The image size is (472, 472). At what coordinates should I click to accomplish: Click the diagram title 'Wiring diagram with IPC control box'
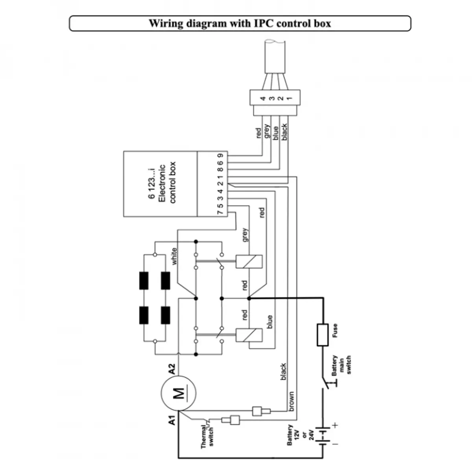tap(240, 24)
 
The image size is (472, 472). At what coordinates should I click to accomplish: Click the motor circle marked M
tap(179, 393)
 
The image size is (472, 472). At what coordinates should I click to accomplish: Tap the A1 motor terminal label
tap(172, 420)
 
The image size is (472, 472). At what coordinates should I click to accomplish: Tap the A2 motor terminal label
tap(172, 369)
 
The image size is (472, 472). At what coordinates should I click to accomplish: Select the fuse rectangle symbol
tap(323, 335)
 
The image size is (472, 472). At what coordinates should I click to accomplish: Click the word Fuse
tap(335, 330)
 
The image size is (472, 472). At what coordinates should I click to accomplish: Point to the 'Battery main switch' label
tap(341, 365)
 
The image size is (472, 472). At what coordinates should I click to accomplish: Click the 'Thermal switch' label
tap(207, 436)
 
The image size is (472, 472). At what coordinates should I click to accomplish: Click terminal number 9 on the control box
tap(220, 155)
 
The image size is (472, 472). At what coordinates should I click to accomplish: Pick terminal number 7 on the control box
tap(220, 212)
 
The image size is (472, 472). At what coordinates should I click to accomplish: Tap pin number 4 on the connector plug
tap(263, 98)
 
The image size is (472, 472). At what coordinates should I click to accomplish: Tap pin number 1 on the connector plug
tap(289, 98)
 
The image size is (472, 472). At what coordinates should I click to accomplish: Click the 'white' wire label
tap(174, 256)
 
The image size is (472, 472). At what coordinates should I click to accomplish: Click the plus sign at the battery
tap(335, 425)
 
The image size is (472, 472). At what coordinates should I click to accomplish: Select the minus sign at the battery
tap(335, 444)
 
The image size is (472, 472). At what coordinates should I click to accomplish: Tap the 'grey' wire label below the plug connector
tap(267, 131)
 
